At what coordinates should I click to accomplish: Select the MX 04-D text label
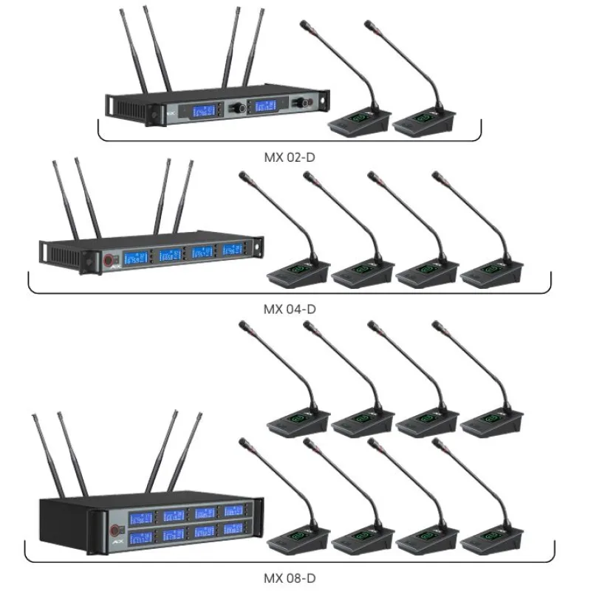tap(289, 309)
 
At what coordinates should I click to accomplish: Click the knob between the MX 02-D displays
tap(238, 108)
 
